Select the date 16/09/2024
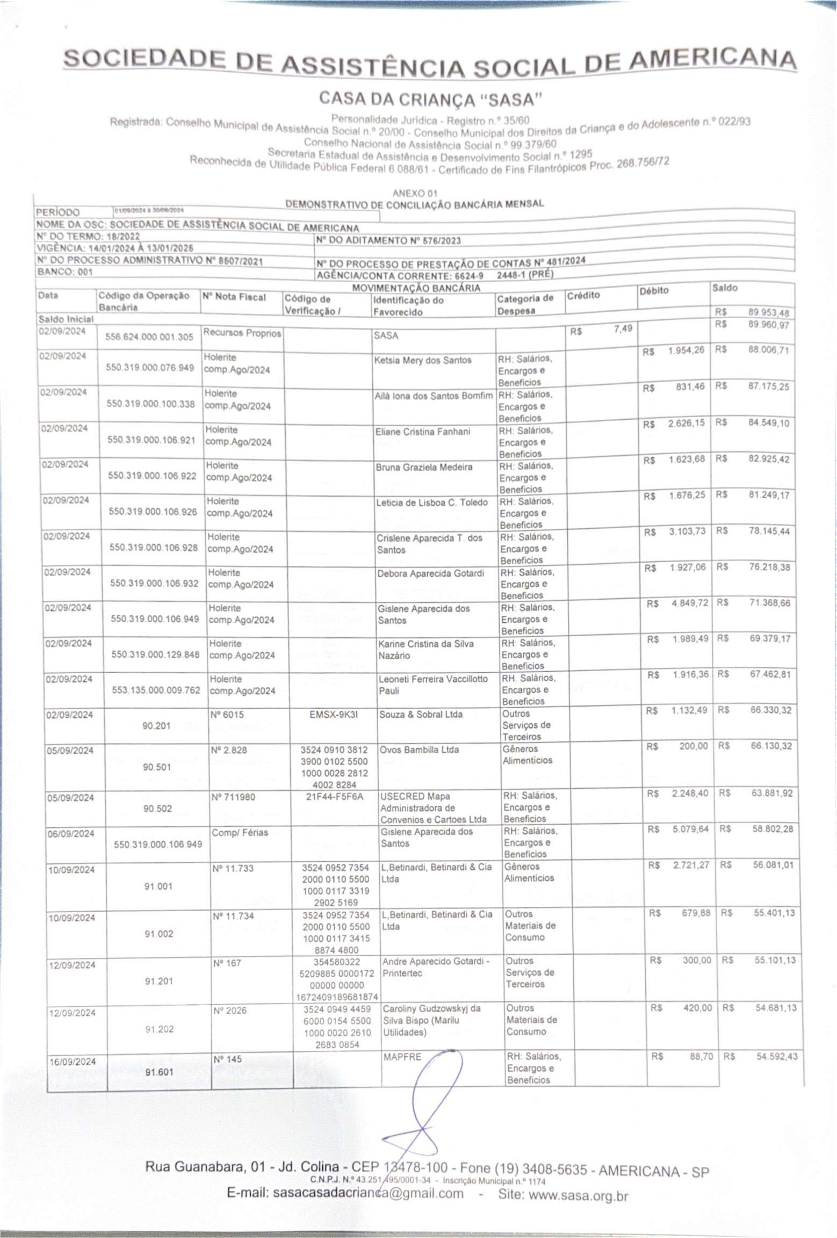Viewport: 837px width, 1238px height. [72, 1062]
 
